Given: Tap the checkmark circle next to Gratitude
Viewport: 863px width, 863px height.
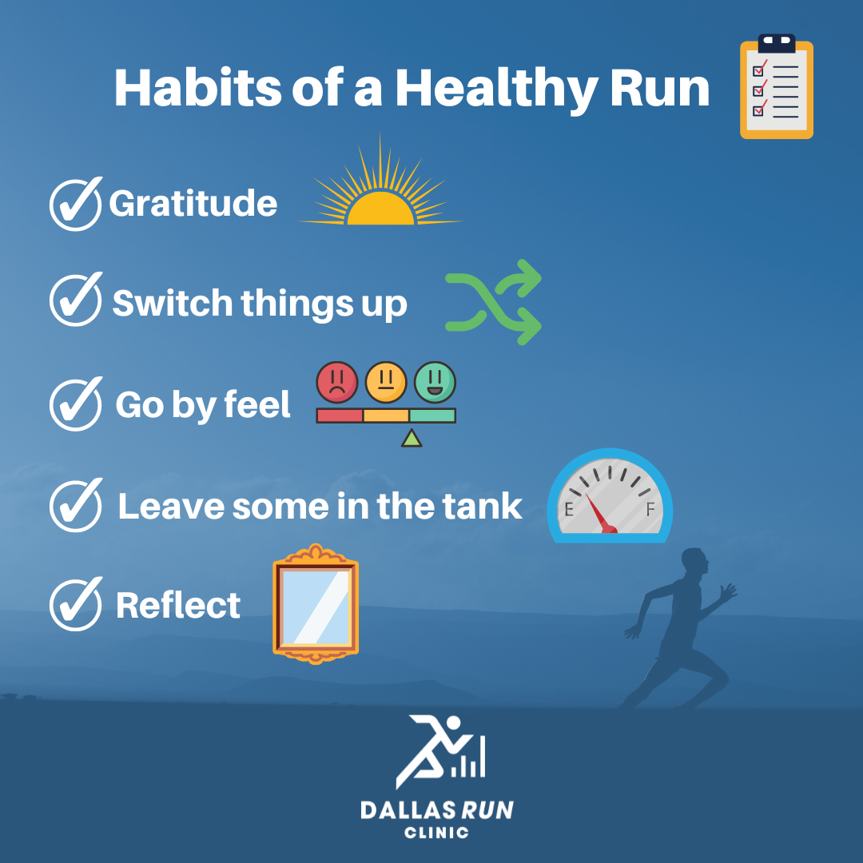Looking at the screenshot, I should click(x=75, y=205).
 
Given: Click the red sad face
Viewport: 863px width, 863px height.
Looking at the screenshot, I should click(x=337, y=382).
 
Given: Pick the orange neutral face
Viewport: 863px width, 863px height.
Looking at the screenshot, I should click(x=386, y=382).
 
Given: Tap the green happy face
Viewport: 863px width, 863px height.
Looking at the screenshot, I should click(x=435, y=382).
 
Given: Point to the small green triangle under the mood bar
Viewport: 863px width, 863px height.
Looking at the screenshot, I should click(x=412, y=438).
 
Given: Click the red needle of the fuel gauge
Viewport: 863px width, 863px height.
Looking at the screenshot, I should click(x=600, y=515).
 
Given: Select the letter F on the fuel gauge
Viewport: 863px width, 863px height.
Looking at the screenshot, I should click(x=650, y=509).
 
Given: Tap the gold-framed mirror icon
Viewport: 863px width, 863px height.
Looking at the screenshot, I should click(x=316, y=603).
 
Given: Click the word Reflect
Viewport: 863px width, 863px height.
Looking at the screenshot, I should click(x=177, y=606).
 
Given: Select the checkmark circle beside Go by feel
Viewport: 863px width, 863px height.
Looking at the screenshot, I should click(x=75, y=405).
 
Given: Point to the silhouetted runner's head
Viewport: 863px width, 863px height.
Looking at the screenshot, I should click(x=694, y=563).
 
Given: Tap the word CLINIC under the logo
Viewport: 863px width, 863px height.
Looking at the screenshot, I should click(x=436, y=832).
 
